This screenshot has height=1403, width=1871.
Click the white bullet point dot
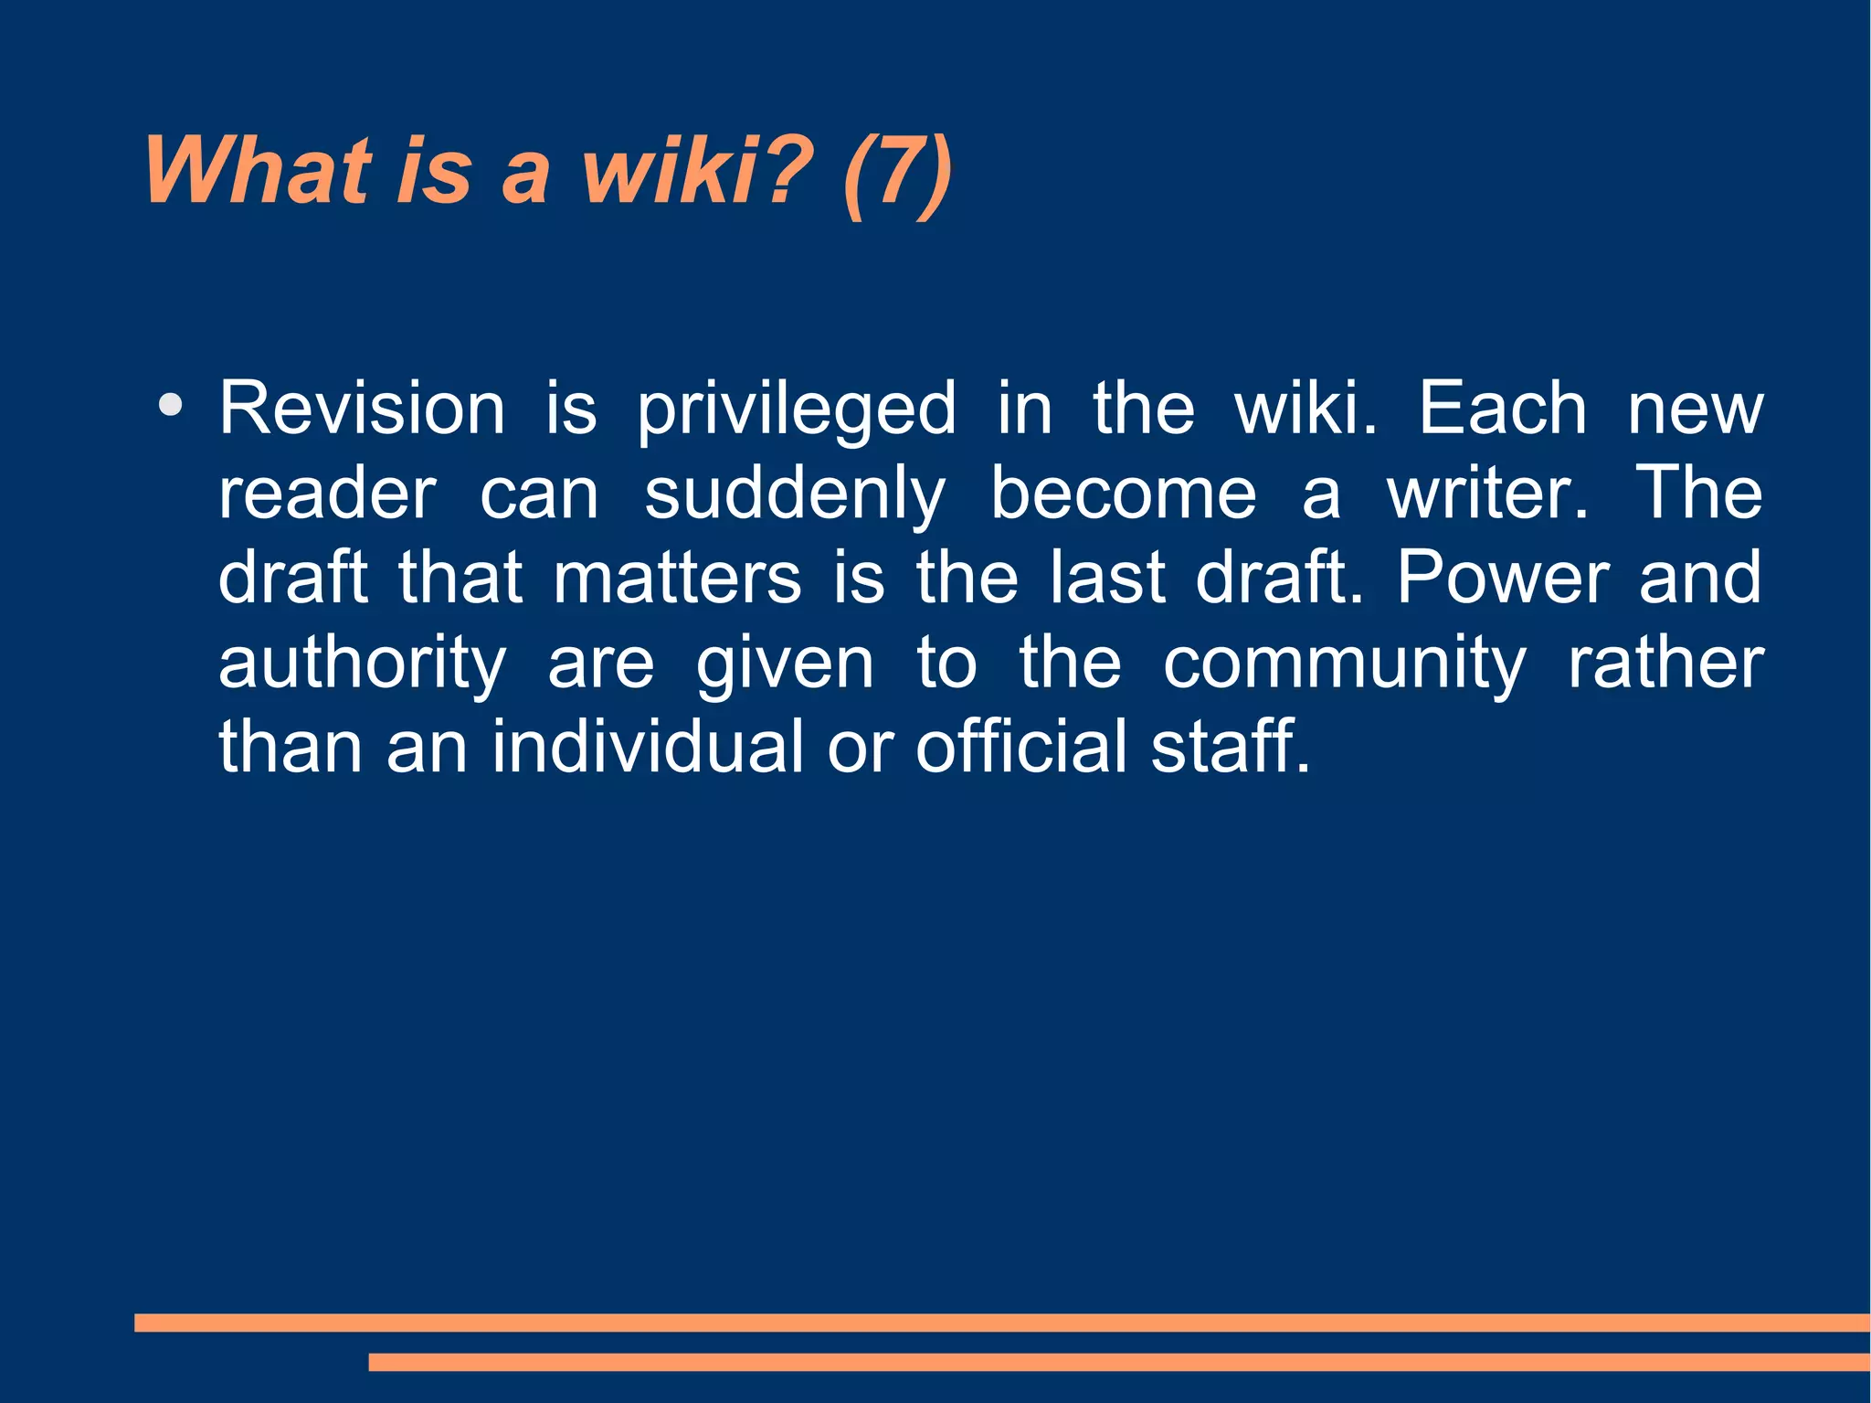coord(170,405)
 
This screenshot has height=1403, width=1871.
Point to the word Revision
coord(362,409)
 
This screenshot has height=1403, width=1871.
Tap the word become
coord(1124,494)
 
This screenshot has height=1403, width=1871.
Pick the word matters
coord(677,579)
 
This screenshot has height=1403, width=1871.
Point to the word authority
coord(362,665)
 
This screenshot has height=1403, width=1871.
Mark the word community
coord(1344,665)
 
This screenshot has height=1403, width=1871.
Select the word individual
coord(648,747)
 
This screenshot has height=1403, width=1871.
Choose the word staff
coord(1230,747)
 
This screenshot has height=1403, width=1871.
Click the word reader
coord(327,494)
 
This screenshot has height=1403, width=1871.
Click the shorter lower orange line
coord(1118,1362)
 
